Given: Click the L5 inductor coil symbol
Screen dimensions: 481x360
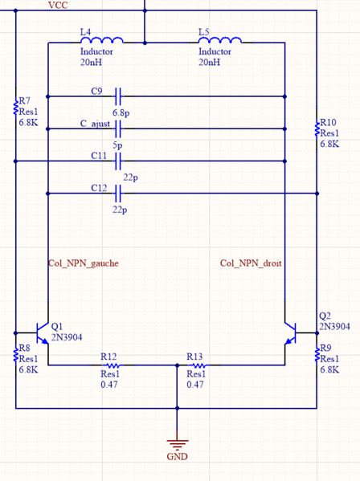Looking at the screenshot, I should pos(219,41).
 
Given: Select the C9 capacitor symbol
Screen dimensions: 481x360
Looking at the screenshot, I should pos(119,96).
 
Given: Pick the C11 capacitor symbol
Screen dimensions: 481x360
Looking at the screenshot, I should pos(119,161).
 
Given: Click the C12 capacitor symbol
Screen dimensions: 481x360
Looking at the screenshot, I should pos(119,194).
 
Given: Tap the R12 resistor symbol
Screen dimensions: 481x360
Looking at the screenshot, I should pos(110,365).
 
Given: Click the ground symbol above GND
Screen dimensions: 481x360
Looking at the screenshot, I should pos(175,443).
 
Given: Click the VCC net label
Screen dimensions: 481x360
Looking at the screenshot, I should pos(58,6).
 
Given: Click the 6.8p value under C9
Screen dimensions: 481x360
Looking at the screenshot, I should pos(121,113).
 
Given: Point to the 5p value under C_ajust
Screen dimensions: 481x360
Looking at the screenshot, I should pos(117,145).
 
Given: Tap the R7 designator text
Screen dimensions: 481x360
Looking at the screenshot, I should pos(24,101).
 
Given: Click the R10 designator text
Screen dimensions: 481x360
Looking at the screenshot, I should pos(329,123).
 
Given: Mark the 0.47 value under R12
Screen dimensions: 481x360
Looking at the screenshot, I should pos(109,385).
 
